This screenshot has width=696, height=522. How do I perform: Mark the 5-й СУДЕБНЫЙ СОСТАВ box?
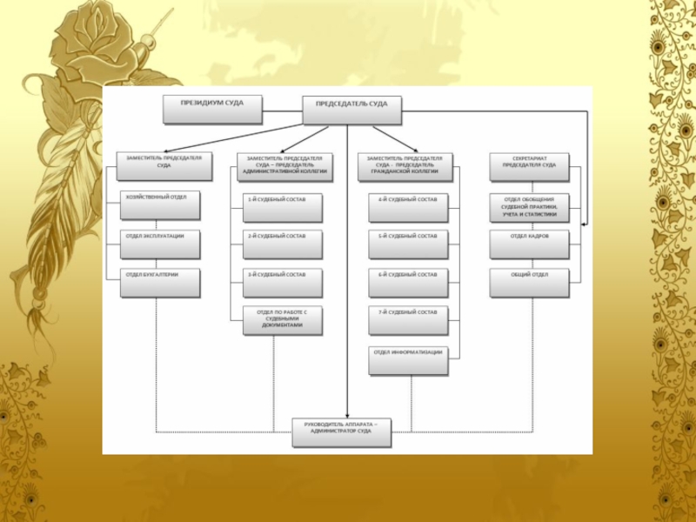[x=408, y=244]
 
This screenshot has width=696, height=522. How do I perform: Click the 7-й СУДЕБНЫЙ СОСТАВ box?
[x=408, y=320]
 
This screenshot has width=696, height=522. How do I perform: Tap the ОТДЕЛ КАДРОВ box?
[x=530, y=244]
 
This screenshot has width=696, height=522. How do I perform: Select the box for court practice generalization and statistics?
[x=530, y=207]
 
